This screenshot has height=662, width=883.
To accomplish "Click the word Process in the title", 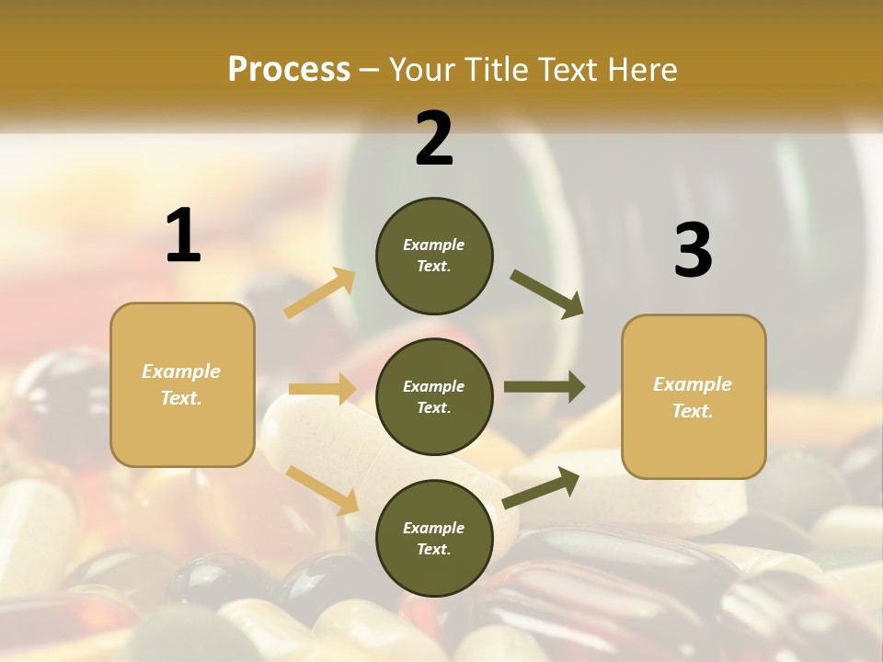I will pyautogui.click(x=289, y=69).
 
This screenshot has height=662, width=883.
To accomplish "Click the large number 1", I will pyautogui.click(x=183, y=235).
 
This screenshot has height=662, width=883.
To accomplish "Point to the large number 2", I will pyautogui.click(x=434, y=139).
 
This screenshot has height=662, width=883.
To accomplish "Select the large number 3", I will pyautogui.click(x=693, y=250).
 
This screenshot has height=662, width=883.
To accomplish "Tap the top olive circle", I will pyautogui.click(x=434, y=256).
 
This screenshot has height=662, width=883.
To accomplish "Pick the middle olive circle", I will pyautogui.click(x=434, y=396).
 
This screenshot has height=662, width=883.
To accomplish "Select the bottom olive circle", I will pyautogui.click(x=434, y=538).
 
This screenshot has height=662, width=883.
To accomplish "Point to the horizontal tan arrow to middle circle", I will pyautogui.click(x=322, y=389).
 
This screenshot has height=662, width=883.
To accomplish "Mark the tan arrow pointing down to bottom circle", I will pyautogui.click(x=322, y=489).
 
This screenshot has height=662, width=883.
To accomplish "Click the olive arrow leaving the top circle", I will pyautogui.click(x=547, y=294).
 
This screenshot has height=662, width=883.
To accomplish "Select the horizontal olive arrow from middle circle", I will pyautogui.click(x=545, y=387).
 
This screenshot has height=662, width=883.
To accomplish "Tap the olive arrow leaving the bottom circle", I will pyautogui.click(x=541, y=487).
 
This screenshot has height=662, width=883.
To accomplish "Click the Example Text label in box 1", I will pyautogui.click(x=181, y=384).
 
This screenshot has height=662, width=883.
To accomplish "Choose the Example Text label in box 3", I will pyautogui.click(x=693, y=397).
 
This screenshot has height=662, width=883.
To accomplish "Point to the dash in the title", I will pyautogui.click(x=370, y=70).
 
